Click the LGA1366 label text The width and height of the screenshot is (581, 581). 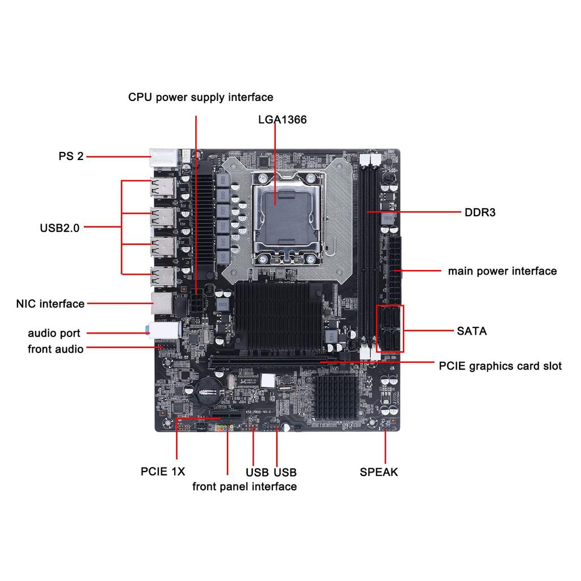(282, 120)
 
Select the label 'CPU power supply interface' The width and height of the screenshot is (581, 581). (200, 97)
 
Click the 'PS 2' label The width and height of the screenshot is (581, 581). (71, 156)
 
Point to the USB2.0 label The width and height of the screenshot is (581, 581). (60, 228)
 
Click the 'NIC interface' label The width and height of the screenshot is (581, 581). (50, 304)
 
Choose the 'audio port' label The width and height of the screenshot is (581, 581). (54, 334)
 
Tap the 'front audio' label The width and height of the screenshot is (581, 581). (56, 349)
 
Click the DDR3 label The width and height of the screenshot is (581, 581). (480, 213)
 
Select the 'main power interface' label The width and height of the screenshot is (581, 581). (502, 271)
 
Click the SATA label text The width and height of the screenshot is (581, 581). (471, 331)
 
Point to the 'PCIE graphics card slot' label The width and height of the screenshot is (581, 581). (500, 366)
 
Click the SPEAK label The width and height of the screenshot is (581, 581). (378, 472)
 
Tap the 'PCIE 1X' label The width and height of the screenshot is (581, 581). (163, 471)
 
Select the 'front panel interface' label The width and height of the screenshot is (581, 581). (244, 486)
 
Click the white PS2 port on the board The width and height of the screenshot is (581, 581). (162, 157)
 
